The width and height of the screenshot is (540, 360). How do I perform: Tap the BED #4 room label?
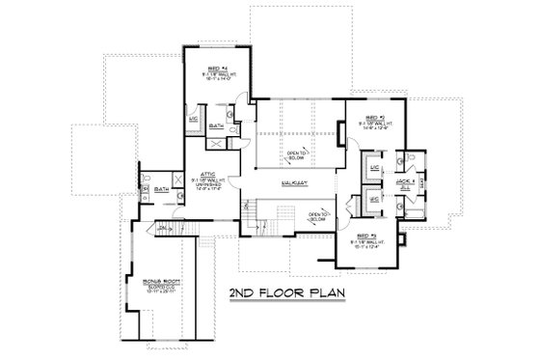pos(209,68)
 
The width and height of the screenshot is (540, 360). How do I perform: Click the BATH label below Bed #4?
pos(218,125)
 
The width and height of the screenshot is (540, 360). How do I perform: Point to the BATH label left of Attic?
pos(161,190)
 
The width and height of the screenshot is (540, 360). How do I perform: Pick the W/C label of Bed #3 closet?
pos(375,200)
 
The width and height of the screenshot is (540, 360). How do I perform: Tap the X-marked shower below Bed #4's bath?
pos(217,144)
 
